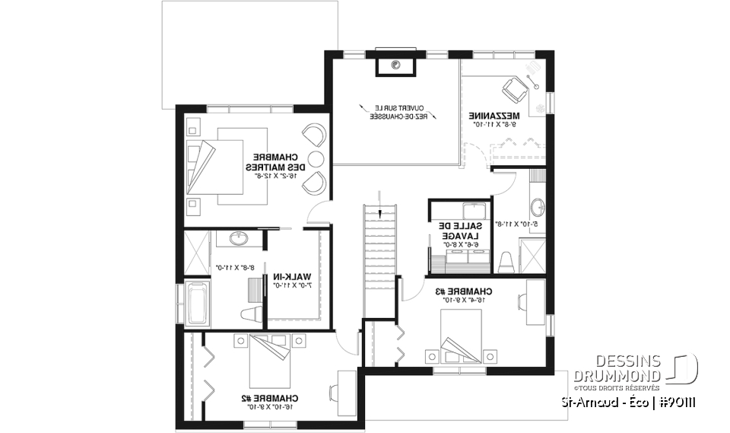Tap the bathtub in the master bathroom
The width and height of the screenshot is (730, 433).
(x=196, y=301)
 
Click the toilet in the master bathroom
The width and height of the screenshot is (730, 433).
(x=251, y=312)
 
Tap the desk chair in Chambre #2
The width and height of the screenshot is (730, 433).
(x=335, y=391)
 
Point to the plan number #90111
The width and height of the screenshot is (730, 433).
(x=678, y=401)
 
